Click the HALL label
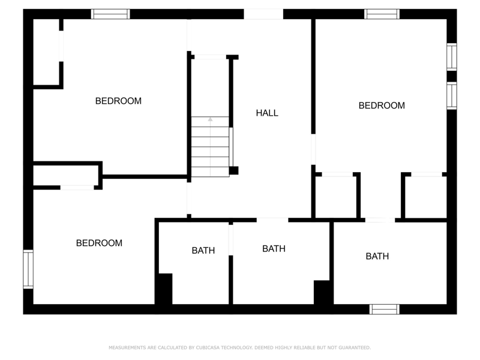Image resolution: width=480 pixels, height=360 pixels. point(267,113)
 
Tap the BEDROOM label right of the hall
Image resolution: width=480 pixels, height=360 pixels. point(382,106)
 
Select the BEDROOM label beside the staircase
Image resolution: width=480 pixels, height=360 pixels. point(118,101)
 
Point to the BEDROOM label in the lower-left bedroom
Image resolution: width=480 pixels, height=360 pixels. point(99,243)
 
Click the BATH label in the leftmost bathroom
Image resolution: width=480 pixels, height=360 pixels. point(203,251)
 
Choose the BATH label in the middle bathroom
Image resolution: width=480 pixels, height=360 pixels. point(274,249)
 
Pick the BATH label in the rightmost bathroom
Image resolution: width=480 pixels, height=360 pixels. point(377,256)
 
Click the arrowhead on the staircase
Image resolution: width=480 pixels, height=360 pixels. point(211,119)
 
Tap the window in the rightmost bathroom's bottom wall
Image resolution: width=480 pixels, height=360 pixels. point(385,309)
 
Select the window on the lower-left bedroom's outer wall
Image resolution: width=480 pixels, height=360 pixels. point(28,269)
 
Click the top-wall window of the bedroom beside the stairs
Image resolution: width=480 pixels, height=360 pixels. point(110,14)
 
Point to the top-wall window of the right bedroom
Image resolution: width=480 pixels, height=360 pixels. point(382,14)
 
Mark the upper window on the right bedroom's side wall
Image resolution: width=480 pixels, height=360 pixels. point(452,57)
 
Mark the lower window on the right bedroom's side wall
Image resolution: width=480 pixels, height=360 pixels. point(452,95)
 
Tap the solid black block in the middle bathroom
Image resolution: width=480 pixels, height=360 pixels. point(322,292)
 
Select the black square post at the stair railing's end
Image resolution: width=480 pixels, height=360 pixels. point(234,170)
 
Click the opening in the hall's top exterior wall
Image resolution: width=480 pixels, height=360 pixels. point(263,14)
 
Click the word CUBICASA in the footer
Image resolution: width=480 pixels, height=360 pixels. point(208,347)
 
